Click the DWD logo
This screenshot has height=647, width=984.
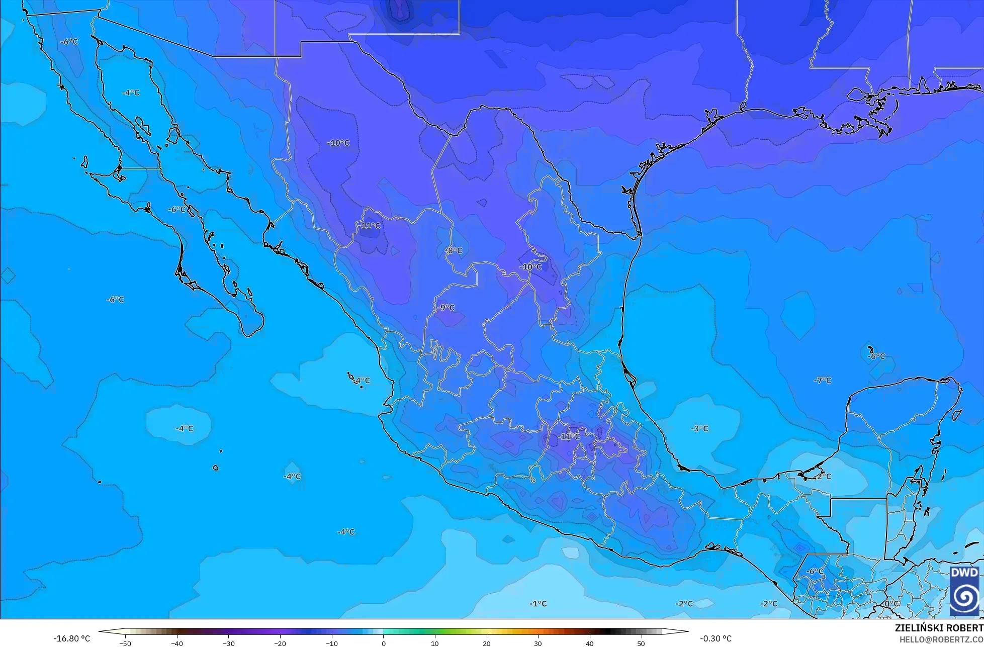(964, 591)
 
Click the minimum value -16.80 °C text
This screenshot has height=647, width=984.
(72, 638)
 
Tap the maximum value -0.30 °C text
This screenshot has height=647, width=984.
(715, 638)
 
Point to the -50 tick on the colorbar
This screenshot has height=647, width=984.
(125, 643)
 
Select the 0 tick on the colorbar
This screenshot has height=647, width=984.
(383, 643)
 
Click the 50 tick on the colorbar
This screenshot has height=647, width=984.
(641, 643)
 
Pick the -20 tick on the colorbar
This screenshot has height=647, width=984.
(280, 643)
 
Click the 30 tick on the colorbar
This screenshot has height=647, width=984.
(538, 643)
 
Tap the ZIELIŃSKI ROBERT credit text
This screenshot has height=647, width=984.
(939, 628)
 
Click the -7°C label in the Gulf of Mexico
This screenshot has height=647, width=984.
(823, 381)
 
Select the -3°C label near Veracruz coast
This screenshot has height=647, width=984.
(699, 428)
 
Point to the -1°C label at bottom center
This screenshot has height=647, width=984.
(538, 603)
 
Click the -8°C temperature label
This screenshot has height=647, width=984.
(454, 250)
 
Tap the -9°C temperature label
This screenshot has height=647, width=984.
(445, 308)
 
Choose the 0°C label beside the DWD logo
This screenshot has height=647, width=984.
(891, 603)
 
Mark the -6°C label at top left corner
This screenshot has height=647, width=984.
(69, 42)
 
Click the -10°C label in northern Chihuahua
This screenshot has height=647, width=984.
(338, 143)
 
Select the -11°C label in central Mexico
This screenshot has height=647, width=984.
(569, 437)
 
